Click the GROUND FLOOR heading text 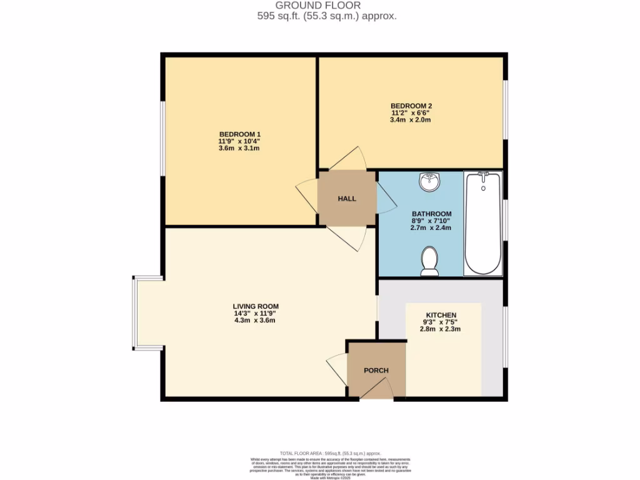pos(327,6)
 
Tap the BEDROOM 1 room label pos(239,134)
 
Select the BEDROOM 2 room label pos(411,106)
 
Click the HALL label pos(347,199)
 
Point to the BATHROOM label pos(431,214)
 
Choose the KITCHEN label pos(441,314)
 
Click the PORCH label pos(376,371)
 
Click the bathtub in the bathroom pos(483,223)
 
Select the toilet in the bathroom pos(429,261)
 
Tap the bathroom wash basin pos(429,182)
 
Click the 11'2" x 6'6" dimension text pos(411,112)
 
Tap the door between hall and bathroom pos(386,199)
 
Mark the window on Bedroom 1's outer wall pos(162,139)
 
